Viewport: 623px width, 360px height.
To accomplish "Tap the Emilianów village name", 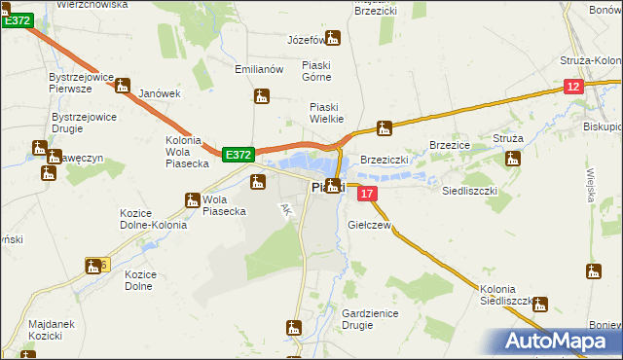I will tap(259, 70).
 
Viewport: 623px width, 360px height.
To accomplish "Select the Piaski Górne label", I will tap(317, 71).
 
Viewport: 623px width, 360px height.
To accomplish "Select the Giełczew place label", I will tap(369, 225).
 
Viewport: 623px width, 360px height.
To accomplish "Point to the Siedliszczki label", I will tap(470, 192).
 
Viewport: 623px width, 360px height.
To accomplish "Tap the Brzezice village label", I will tap(450, 144).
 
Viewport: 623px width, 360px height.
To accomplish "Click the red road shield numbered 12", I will tap(573, 88).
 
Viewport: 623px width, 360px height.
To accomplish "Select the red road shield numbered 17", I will tap(367, 195).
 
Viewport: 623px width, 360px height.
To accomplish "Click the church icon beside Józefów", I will tap(334, 39).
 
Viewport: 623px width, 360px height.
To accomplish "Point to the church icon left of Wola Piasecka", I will tap(192, 200).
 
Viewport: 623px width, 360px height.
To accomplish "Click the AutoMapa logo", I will tap(563, 341).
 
